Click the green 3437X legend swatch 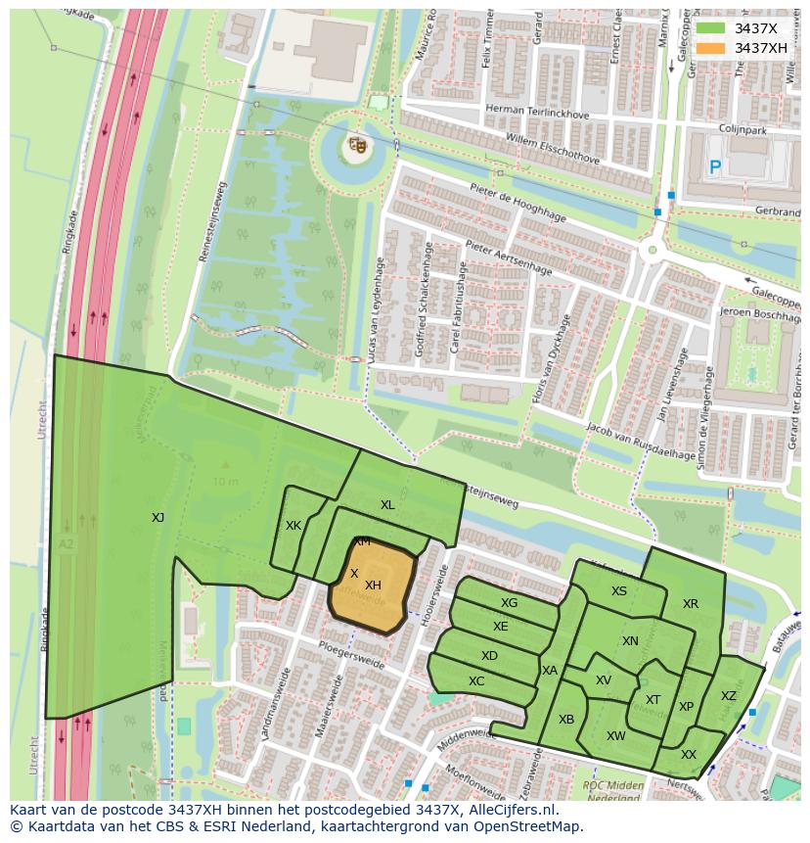(710, 28)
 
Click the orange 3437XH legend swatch (710, 48)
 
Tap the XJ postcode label (157, 518)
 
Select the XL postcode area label (387, 505)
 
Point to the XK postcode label (293, 526)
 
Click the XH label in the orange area (373, 585)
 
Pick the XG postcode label (509, 603)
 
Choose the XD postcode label (489, 656)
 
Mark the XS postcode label (619, 591)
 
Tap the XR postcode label (691, 604)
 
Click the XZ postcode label (728, 696)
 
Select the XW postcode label (615, 736)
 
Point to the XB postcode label (566, 720)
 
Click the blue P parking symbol (715, 168)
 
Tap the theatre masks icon (357, 146)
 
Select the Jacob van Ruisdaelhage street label (641, 441)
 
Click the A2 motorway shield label (66, 544)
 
